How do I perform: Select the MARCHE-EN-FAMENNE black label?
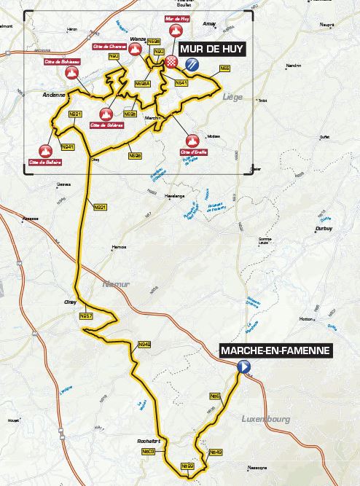coord(275,351)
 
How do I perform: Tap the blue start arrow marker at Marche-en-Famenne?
coord(244,368)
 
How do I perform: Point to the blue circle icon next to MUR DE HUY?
coord(192,64)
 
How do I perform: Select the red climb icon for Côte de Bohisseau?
coord(60,75)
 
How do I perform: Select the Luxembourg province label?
coord(264,420)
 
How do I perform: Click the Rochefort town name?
coord(147,441)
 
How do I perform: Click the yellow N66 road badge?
coord(225,68)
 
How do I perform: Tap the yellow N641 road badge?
coord(182,84)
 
